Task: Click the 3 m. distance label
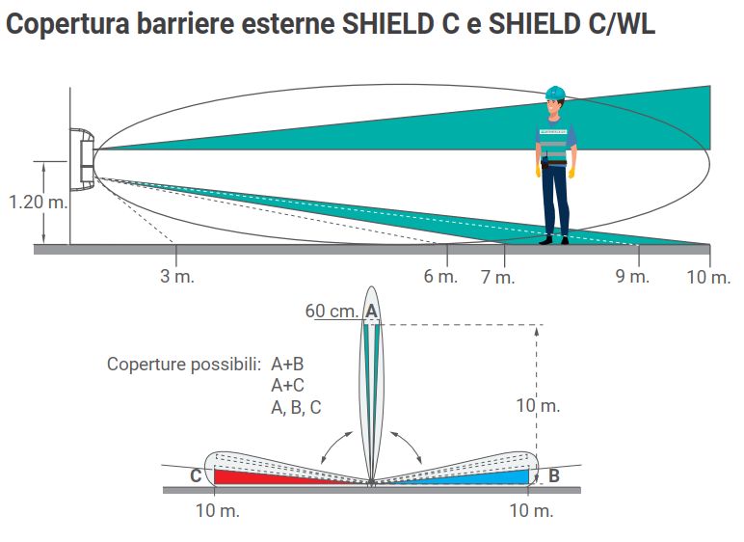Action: pyautogui.click(x=177, y=278)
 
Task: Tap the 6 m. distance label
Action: pyautogui.click(x=440, y=278)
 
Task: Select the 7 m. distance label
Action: pyautogui.click(x=497, y=278)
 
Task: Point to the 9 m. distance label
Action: pyautogui.click(x=632, y=278)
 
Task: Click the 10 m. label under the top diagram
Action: pyautogui.click(x=708, y=278)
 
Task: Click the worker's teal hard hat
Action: pyautogui.click(x=554, y=93)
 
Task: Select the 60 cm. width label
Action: pyautogui.click(x=331, y=311)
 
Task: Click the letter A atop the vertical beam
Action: pyautogui.click(x=371, y=311)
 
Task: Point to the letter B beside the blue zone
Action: pyautogui.click(x=554, y=475)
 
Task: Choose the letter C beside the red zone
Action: pyautogui.click(x=196, y=475)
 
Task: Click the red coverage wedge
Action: pyautogui.click(x=260, y=476)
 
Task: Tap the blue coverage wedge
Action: pyautogui.click(x=482, y=476)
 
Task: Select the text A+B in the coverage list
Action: pyautogui.click(x=288, y=365)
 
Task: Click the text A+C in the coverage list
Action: pyautogui.click(x=288, y=386)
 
